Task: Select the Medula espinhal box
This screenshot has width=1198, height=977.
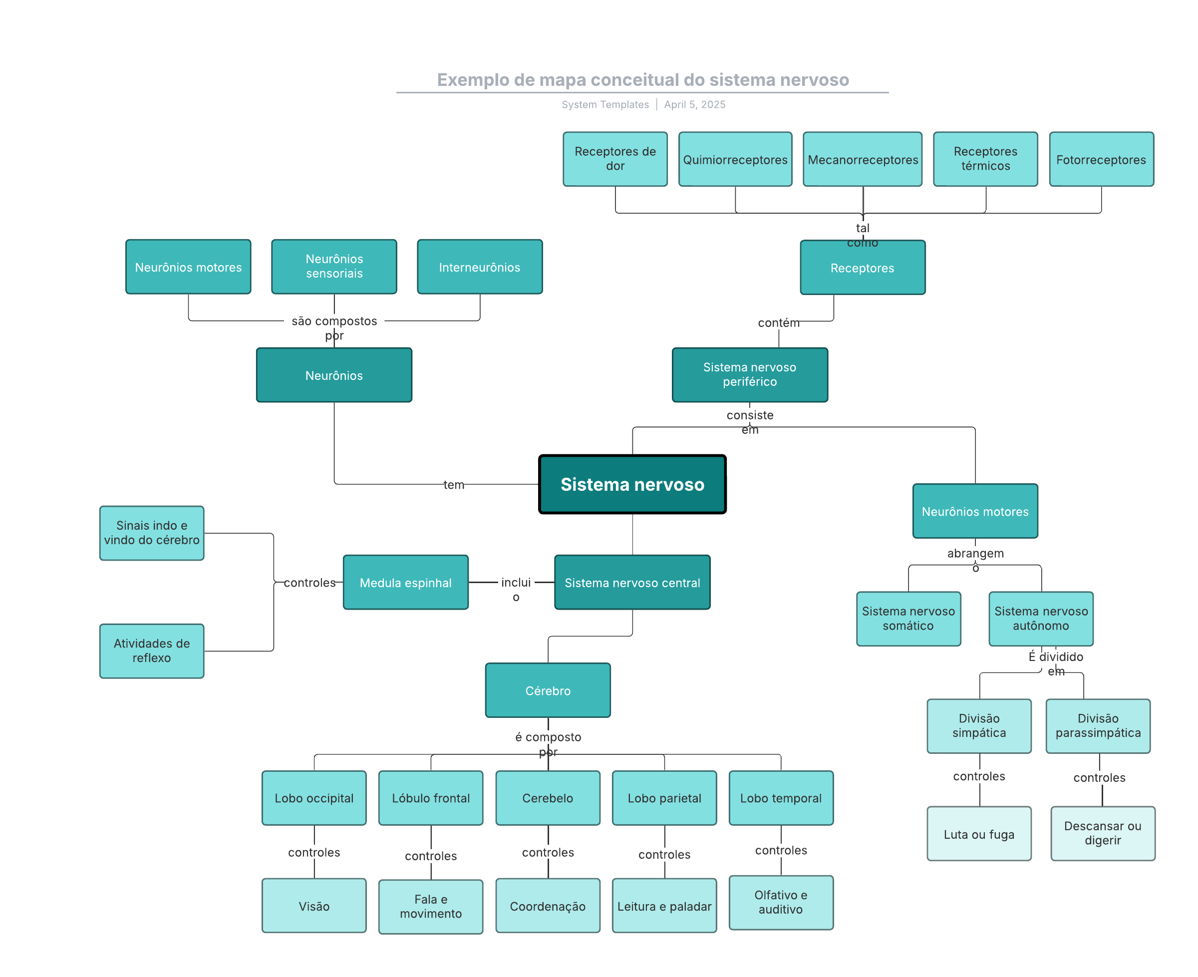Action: (x=405, y=583)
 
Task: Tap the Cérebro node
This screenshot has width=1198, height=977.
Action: (x=548, y=690)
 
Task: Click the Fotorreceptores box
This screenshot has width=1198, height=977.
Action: (x=1101, y=159)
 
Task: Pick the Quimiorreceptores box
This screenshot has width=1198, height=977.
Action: (x=735, y=159)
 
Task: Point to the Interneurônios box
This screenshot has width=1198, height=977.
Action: (x=479, y=267)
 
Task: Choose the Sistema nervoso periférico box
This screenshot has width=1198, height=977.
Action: (x=750, y=374)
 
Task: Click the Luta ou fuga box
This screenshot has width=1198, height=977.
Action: (x=978, y=834)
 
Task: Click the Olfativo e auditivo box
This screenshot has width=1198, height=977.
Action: (x=781, y=902)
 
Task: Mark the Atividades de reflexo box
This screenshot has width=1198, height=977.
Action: (x=151, y=650)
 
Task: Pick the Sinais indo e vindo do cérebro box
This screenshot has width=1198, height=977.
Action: (x=151, y=532)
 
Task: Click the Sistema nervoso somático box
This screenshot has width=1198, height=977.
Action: (x=907, y=618)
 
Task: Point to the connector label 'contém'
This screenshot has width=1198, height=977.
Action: (x=778, y=323)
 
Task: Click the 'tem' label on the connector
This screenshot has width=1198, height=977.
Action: (x=454, y=485)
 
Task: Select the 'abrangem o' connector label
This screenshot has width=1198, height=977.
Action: (x=975, y=554)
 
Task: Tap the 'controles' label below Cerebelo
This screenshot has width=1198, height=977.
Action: (x=548, y=852)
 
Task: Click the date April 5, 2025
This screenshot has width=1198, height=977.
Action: (x=694, y=105)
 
